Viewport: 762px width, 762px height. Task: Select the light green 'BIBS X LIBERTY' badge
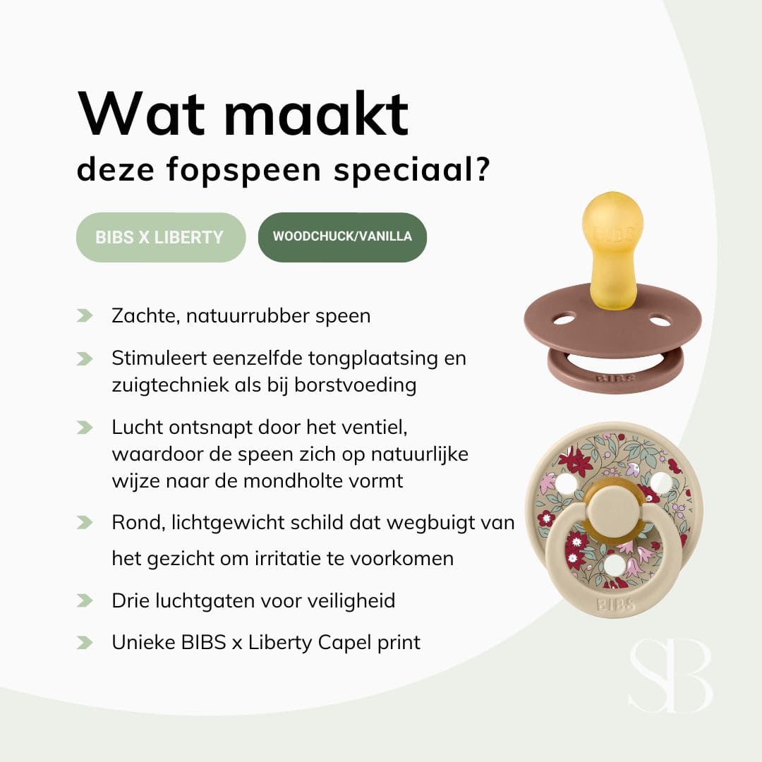(x=160, y=237)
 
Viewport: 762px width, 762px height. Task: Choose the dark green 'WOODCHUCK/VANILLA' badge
(x=342, y=237)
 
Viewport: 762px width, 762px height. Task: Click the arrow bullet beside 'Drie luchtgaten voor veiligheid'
(x=85, y=600)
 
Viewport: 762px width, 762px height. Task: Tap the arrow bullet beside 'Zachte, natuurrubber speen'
(x=85, y=315)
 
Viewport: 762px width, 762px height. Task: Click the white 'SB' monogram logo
(x=670, y=677)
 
